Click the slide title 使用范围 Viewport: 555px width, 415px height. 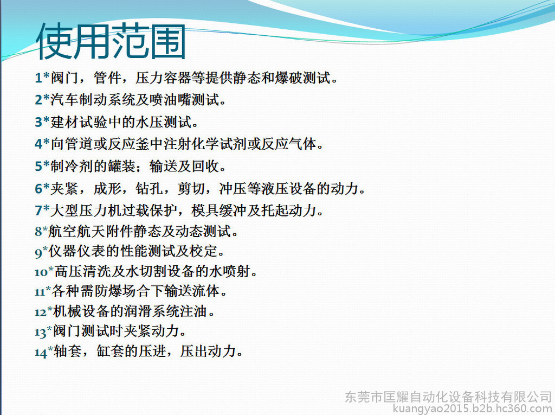(x=111, y=41)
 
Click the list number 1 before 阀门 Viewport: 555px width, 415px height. (x=38, y=78)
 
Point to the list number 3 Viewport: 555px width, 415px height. (x=38, y=122)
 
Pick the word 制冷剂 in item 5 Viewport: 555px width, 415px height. (x=72, y=166)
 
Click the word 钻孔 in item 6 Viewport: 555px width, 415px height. (x=150, y=188)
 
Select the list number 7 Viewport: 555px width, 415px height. (x=38, y=210)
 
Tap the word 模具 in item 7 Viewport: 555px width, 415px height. (x=205, y=210)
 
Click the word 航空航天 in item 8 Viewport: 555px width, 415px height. (x=76, y=231)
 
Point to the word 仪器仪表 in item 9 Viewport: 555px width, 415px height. (x=77, y=251)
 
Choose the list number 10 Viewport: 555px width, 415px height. (x=41, y=272)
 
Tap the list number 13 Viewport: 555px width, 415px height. (x=40, y=333)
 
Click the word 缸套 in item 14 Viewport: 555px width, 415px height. (x=110, y=351)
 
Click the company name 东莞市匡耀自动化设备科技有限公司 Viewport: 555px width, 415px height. (x=448, y=397)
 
